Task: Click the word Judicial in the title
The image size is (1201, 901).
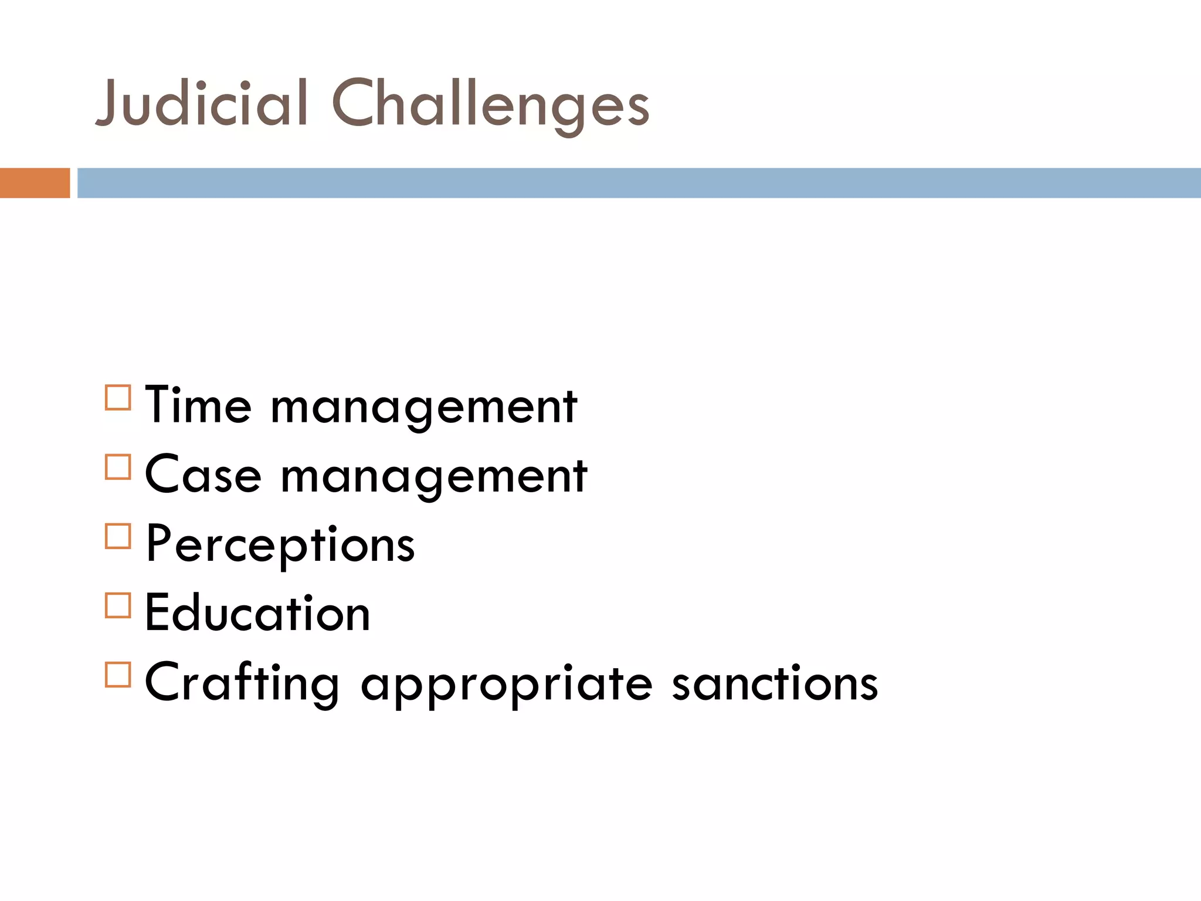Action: [202, 104]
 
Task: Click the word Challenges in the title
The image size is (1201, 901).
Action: [491, 106]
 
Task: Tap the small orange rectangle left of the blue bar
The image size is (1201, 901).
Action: [35, 183]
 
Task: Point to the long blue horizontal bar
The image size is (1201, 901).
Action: [639, 183]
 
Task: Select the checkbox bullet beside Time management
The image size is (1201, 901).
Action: [118, 398]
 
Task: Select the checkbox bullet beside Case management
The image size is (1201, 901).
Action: [118, 468]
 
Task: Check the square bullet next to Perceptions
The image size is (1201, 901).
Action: [118, 536]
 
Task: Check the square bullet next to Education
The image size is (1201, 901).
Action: [118, 605]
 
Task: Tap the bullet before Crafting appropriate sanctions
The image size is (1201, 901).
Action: [118, 675]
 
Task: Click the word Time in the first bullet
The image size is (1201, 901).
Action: [198, 405]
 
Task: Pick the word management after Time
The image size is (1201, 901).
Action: [423, 408]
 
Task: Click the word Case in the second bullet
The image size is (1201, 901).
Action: [203, 475]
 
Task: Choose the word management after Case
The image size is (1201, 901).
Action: [434, 477]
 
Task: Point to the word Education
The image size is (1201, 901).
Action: [257, 613]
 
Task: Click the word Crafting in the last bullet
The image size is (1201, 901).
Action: [242, 683]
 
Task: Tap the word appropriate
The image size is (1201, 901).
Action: [506, 685]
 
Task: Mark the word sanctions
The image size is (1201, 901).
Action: [775, 683]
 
